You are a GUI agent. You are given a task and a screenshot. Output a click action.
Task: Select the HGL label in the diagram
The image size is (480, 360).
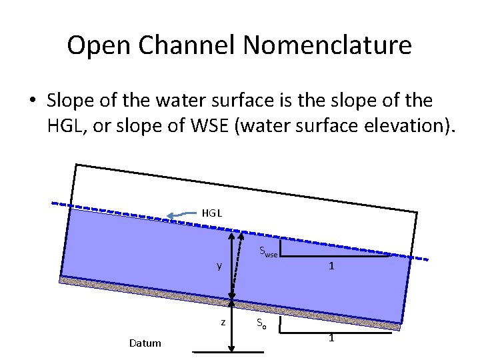click(x=211, y=213)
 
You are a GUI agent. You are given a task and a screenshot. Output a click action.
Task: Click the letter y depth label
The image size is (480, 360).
click(x=219, y=266)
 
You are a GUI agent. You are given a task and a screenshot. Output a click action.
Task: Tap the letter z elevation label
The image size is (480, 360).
click(x=222, y=322)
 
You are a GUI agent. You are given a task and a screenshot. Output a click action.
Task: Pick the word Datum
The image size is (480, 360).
click(x=145, y=343)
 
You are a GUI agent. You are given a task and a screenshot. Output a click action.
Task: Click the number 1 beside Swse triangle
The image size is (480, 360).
click(x=331, y=266)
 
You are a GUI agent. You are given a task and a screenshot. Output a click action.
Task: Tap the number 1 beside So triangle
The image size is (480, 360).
click(x=331, y=338)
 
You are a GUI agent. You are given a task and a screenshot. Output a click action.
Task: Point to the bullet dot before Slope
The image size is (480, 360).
click(x=31, y=101)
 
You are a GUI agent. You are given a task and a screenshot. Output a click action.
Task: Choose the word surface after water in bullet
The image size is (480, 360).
click(x=251, y=101)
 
